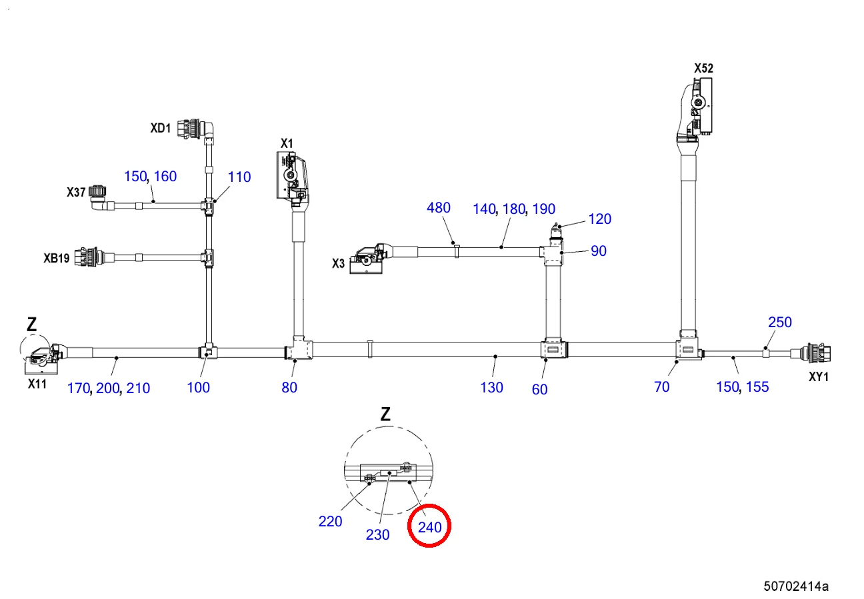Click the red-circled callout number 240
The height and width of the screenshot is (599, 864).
(x=430, y=527)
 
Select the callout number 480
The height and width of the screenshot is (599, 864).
(x=439, y=208)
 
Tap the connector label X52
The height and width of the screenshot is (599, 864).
(x=703, y=68)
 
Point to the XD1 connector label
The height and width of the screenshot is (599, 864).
(x=161, y=127)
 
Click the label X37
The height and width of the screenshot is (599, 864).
(x=76, y=192)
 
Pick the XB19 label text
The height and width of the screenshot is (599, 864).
(x=56, y=258)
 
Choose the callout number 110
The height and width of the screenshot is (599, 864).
(x=239, y=177)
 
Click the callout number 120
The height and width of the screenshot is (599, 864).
(x=600, y=219)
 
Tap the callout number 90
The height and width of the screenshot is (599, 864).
(x=599, y=251)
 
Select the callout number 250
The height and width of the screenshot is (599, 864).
(x=780, y=322)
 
